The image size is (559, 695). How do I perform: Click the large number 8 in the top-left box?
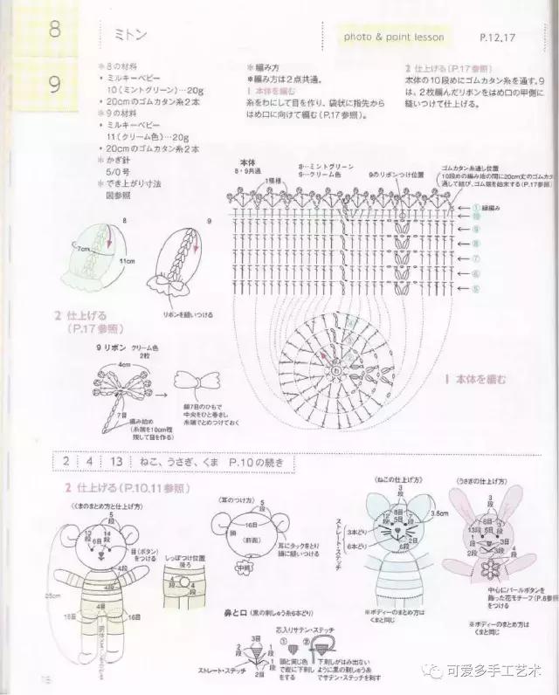[x=54, y=31]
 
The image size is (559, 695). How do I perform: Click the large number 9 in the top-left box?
[x=54, y=85]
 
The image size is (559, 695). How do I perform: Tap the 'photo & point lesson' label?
[x=394, y=37]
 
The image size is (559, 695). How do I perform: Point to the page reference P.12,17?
[x=498, y=38]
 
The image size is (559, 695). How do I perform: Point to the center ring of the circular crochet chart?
[x=335, y=369]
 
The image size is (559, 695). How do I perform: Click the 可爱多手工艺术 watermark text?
[x=493, y=671]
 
